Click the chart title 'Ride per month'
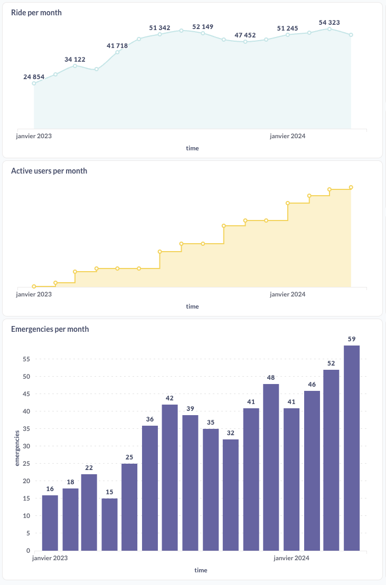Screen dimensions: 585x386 (36, 13)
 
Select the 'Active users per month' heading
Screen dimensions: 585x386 (49, 171)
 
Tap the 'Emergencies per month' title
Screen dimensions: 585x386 (50, 329)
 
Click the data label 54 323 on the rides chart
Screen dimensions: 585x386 (329, 23)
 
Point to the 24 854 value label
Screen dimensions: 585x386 (34, 77)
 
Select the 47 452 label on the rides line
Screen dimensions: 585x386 (245, 35)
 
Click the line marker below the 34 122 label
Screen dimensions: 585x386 (75, 66)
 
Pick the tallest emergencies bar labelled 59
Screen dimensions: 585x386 (352, 448)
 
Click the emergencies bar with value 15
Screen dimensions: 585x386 (109, 524)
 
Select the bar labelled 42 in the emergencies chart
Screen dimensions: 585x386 (170, 477)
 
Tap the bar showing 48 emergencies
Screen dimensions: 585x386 (271, 467)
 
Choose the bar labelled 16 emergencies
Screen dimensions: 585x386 (50, 523)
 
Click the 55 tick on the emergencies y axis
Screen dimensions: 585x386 (26, 359)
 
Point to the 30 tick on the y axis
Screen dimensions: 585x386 (26, 446)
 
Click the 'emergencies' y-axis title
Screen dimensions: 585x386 (17, 448)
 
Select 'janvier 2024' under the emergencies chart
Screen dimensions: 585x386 (291, 558)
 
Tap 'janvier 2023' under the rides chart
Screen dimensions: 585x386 (34, 136)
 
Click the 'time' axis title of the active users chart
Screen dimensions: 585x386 (192, 306)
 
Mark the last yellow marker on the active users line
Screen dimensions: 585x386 (351, 187)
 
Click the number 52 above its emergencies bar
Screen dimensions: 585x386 (331, 363)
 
